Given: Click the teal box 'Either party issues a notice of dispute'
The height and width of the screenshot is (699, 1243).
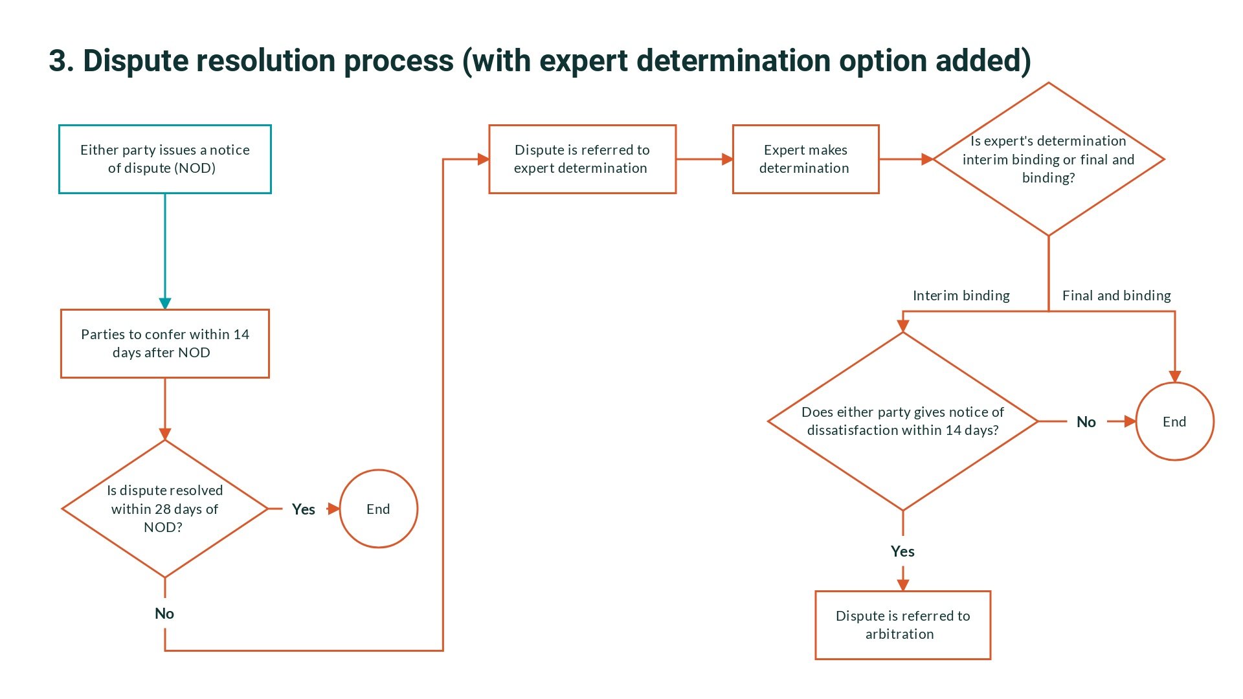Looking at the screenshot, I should tap(164, 159).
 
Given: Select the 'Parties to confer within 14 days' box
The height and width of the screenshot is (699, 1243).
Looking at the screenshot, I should tap(164, 344).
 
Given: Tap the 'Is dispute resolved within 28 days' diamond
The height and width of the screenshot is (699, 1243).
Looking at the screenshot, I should tap(164, 509).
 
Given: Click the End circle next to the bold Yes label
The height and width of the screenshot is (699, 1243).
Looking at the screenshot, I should tap(378, 509).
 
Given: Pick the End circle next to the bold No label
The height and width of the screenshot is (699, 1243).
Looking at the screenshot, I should tap(1174, 421).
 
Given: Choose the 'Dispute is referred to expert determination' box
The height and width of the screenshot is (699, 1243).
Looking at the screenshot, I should tap(582, 159).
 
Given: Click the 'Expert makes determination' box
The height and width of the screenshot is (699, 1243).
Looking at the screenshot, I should tap(805, 159).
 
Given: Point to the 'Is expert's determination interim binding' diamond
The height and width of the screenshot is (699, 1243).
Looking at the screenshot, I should tap(1048, 159).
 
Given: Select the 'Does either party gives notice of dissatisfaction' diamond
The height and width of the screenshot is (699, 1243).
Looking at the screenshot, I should tap(902, 421).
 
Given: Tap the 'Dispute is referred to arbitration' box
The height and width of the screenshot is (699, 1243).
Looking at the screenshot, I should tap(902, 625).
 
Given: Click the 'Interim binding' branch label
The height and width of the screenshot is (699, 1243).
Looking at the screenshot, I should tap(961, 296).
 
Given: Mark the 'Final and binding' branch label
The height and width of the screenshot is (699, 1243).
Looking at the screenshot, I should tap(1116, 296).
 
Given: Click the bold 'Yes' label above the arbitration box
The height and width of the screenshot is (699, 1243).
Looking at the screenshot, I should tap(902, 551).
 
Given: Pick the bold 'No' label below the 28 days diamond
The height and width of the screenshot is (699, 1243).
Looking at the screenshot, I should tap(164, 614).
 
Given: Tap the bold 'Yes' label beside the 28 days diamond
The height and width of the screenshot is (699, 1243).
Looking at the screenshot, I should tap(303, 509).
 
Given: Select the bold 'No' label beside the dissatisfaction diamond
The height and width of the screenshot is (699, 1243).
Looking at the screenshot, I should tap(1086, 422).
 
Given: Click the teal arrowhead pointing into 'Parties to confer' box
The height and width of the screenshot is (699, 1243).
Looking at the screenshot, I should tap(165, 304).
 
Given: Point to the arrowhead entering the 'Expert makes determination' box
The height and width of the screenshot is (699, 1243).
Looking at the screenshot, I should tap(728, 159).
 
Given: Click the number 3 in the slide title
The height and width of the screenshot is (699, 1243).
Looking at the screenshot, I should tap(58, 61).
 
